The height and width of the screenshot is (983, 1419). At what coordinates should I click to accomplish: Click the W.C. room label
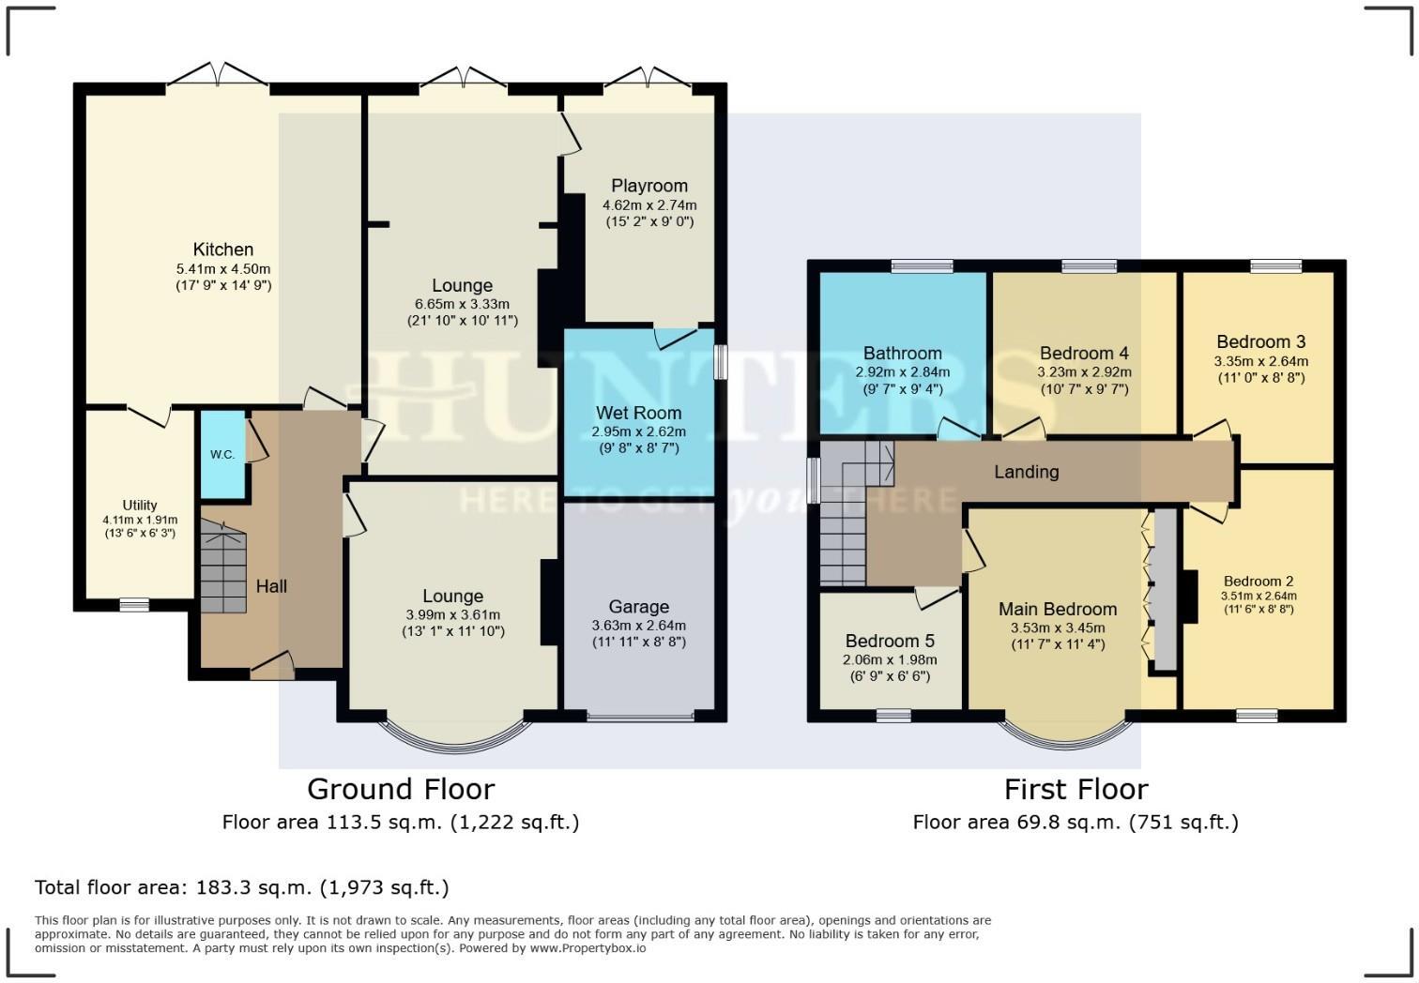[x=222, y=455]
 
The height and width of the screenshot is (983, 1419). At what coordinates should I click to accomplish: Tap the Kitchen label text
[x=223, y=250]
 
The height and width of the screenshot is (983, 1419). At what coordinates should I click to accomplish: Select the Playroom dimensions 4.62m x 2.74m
[x=649, y=204]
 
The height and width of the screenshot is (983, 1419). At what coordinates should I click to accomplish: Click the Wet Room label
[x=638, y=413]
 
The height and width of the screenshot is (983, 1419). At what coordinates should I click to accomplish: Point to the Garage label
[x=638, y=607]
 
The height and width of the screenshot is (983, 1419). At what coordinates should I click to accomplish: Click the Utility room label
[x=140, y=505]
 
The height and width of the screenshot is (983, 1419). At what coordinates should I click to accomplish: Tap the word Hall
[x=271, y=586]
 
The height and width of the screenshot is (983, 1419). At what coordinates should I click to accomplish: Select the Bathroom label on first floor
[x=902, y=354]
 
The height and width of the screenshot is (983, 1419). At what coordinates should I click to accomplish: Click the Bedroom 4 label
[x=1084, y=354]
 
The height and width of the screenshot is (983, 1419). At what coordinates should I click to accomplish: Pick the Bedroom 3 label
[x=1260, y=341]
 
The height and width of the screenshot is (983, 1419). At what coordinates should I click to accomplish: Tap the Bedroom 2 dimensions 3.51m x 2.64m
[x=1258, y=596]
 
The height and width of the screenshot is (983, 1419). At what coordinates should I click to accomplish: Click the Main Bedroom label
[x=1058, y=610]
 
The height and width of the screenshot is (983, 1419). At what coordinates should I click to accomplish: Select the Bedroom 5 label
[x=890, y=641]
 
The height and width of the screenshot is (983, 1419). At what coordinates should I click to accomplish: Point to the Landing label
[x=1027, y=472]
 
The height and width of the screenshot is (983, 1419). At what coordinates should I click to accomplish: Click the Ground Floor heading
[x=401, y=789]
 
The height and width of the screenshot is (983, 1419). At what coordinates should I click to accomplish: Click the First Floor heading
[x=1076, y=789]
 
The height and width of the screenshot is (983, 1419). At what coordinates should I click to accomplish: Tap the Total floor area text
[x=242, y=887]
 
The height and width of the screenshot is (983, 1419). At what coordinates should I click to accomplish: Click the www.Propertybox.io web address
[x=587, y=948]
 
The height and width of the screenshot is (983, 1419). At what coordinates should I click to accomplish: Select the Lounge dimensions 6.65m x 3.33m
[x=462, y=304]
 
